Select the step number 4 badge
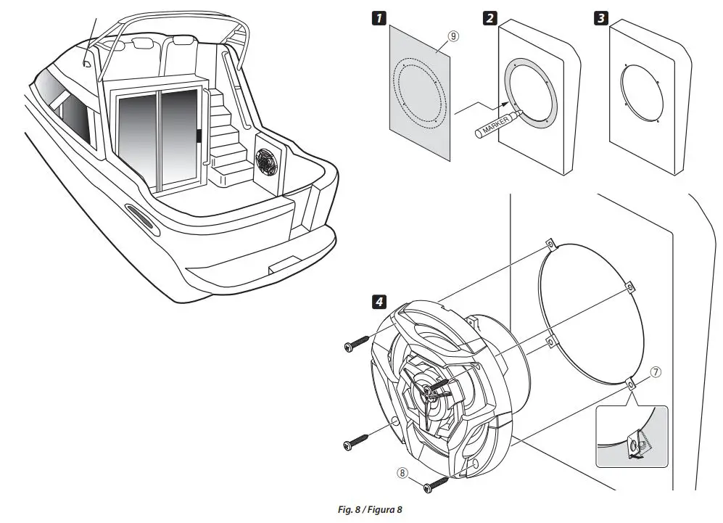pos(378,300)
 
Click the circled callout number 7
pos(655,373)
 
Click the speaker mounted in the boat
pos(265,162)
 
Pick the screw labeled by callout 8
pos(436,484)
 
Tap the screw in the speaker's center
pos(430,392)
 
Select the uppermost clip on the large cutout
pos(549,244)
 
